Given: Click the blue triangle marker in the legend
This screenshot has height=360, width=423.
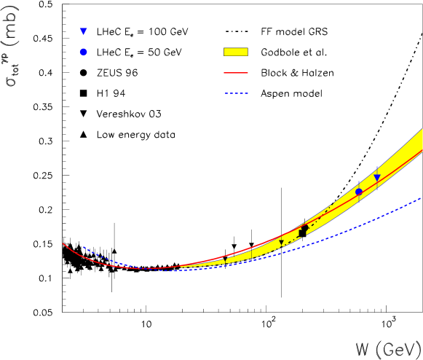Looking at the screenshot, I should coord(83,31).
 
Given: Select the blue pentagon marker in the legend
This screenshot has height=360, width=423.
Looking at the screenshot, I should coord(83,52).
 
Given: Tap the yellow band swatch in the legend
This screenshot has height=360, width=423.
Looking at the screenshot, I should coord(235,52).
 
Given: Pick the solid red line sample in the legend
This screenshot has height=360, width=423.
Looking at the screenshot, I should coord(235,73).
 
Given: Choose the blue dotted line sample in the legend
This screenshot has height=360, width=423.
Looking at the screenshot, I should coord(236,93).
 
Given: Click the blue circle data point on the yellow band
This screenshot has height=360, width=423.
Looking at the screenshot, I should coord(358,192).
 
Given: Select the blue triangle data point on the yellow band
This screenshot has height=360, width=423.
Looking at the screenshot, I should coord(376,178).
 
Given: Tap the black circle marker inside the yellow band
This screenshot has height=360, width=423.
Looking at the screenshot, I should coord(304,228).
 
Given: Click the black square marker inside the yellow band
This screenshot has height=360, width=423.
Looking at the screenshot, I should coord(301,233).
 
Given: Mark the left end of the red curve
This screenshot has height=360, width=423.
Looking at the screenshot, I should coord(63,243).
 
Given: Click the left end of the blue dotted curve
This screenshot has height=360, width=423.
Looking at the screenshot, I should coord(84,247).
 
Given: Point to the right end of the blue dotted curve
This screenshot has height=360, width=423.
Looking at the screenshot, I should coord(421,197).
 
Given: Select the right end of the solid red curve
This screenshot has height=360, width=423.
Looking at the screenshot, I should coord(422,150).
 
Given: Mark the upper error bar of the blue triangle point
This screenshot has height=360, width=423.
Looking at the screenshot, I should coord(376,170).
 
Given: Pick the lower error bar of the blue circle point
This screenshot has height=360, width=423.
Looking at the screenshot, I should coord(358,199).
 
